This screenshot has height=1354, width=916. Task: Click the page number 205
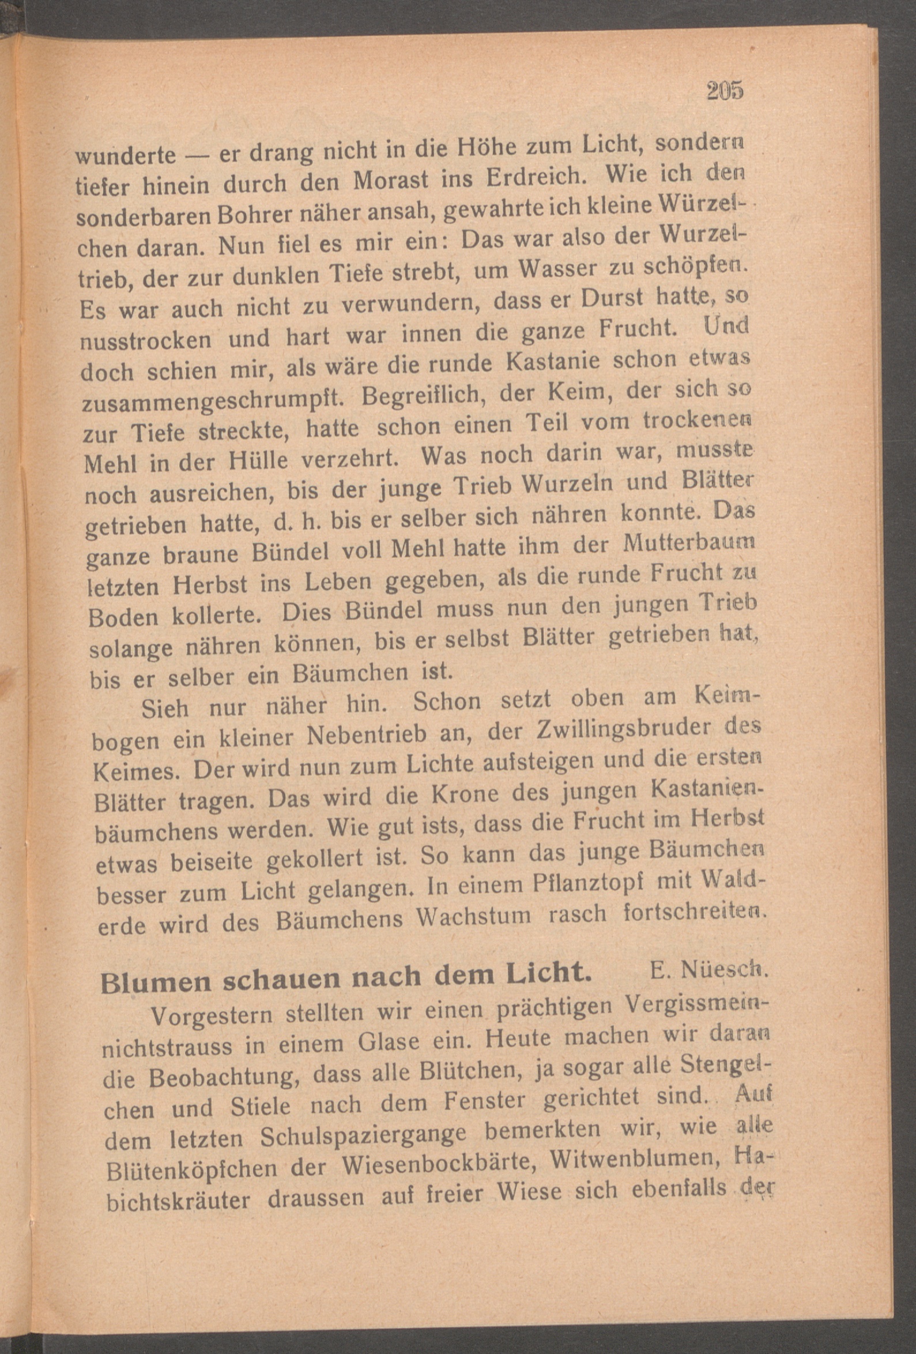725,91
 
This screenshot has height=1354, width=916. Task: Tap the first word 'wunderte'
126,155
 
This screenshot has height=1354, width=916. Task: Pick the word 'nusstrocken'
146,340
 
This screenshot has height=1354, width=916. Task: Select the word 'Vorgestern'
213,1015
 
